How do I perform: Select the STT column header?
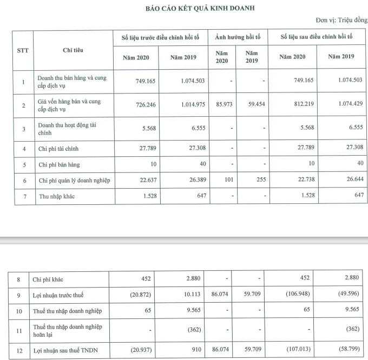coord(23,50)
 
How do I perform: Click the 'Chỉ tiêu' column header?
coord(73,50)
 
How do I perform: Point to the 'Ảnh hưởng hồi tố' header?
coord(238,38)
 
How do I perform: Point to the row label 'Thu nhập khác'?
coord(56,196)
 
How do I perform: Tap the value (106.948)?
coord(293,295)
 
